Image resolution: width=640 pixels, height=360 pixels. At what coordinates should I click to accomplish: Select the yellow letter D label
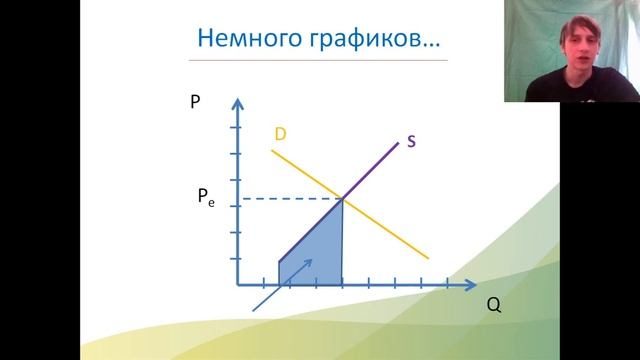tap(281, 133)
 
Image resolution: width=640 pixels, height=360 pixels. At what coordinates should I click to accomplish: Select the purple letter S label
tap(411, 141)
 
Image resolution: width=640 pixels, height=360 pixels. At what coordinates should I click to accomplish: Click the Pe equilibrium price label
tap(205, 199)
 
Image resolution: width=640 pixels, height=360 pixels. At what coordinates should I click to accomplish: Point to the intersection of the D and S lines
tap(343, 199)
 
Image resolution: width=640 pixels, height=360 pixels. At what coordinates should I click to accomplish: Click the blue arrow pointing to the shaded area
tap(285, 284)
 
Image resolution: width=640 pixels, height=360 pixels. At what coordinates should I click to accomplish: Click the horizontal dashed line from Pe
tap(290, 199)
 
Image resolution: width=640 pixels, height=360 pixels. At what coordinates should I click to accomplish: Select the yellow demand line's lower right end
tap(427, 257)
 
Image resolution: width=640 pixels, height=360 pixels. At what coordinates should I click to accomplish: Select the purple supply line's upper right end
tap(398, 146)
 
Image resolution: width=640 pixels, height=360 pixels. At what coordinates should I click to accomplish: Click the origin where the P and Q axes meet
tap(239, 285)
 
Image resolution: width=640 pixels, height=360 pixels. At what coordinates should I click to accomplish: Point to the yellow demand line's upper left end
tap(272, 151)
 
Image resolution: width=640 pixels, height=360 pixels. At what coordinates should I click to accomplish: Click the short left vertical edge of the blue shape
tap(278, 272)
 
